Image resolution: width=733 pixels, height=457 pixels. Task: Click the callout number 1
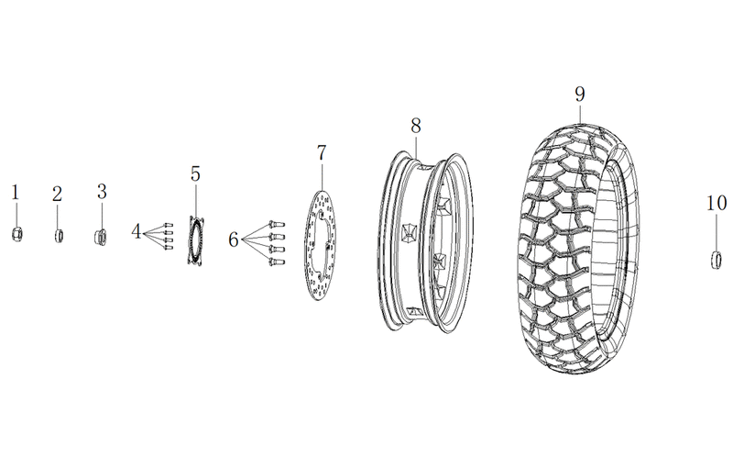coord(15,193)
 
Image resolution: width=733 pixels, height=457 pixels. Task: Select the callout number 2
coord(57,194)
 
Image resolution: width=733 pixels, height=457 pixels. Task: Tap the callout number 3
coord(102,192)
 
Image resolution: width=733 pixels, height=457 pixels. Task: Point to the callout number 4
coord(136,231)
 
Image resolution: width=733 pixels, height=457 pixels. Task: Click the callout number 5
coord(195,173)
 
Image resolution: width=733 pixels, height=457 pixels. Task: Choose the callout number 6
coord(234,240)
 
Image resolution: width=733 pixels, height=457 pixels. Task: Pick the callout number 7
coord(322,152)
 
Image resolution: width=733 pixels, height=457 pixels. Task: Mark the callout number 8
coord(416,126)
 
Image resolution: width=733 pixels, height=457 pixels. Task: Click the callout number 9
coord(580,95)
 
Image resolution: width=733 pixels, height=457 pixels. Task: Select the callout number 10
coord(717,203)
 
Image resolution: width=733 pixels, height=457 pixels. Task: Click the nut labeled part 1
coord(16,234)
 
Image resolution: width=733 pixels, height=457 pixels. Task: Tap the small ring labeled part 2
coord(59,236)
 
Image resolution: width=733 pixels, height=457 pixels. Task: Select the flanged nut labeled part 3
coord(101,238)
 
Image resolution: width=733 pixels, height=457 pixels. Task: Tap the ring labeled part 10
coord(716,260)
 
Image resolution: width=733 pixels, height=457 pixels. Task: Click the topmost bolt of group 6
coord(277,224)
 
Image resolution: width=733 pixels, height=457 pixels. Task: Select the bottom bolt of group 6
coord(277,262)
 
